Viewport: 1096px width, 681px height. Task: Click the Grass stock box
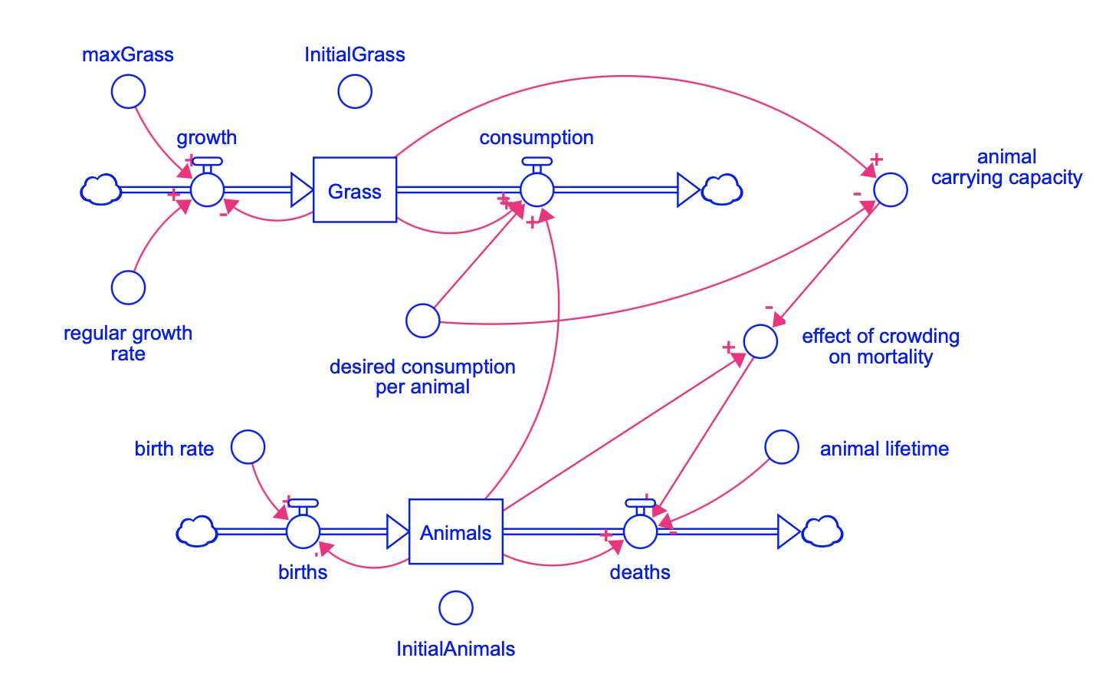pos(355,190)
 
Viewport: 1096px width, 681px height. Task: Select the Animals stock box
pos(455,532)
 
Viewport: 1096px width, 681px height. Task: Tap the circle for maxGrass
pos(128,92)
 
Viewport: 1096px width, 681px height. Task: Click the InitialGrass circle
pos(355,92)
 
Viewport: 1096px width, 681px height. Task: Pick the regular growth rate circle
pos(128,288)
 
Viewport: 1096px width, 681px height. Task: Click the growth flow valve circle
pos(207,189)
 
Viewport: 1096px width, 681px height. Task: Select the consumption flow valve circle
pos(537,189)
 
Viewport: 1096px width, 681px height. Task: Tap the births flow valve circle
pos(303,531)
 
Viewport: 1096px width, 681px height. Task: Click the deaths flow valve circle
pos(640,531)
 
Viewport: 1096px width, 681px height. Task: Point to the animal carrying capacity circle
pos(891,189)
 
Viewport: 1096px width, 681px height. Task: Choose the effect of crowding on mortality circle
pos(760,340)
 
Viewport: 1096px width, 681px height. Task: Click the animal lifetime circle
pos(782,447)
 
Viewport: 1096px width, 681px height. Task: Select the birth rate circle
pos(248,446)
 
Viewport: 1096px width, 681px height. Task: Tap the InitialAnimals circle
pos(455,608)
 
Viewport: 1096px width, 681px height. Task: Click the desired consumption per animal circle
pos(422,321)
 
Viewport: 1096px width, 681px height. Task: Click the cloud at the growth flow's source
pos(101,189)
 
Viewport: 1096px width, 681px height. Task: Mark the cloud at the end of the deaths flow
pos(822,531)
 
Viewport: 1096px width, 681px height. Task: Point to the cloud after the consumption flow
pos(722,189)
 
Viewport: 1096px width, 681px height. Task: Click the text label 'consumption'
pos(536,138)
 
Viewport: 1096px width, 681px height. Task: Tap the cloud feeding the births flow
pos(197,531)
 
